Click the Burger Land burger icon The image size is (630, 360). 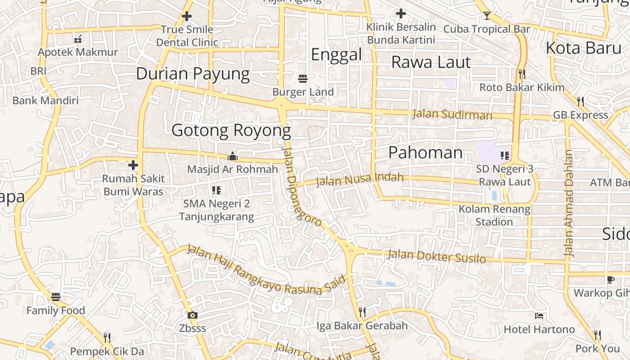[x=303, y=79]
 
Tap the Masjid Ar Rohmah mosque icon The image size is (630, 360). [x=233, y=156]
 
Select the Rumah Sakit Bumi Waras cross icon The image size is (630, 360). [x=133, y=165]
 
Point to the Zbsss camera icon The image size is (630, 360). [x=193, y=315]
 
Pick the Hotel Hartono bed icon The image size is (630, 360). [x=539, y=316]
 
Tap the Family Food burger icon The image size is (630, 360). [x=56, y=297]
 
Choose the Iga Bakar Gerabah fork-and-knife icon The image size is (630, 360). [x=362, y=312]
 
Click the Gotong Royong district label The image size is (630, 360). [x=231, y=130]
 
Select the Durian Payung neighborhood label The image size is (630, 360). [x=193, y=74]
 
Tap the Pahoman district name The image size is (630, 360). [x=425, y=153]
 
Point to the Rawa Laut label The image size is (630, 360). [x=431, y=62]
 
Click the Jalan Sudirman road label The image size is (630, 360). [x=452, y=114]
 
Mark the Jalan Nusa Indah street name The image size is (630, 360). [x=360, y=180]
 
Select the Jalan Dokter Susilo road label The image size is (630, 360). [x=436, y=256]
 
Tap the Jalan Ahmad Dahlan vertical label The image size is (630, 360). [x=569, y=202]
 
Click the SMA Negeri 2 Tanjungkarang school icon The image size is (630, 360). [x=216, y=190]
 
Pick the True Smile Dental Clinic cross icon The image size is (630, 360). [x=187, y=17]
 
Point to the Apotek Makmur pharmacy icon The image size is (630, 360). [x=78, y=39]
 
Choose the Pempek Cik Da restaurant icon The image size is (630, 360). [x=107, y=337]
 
